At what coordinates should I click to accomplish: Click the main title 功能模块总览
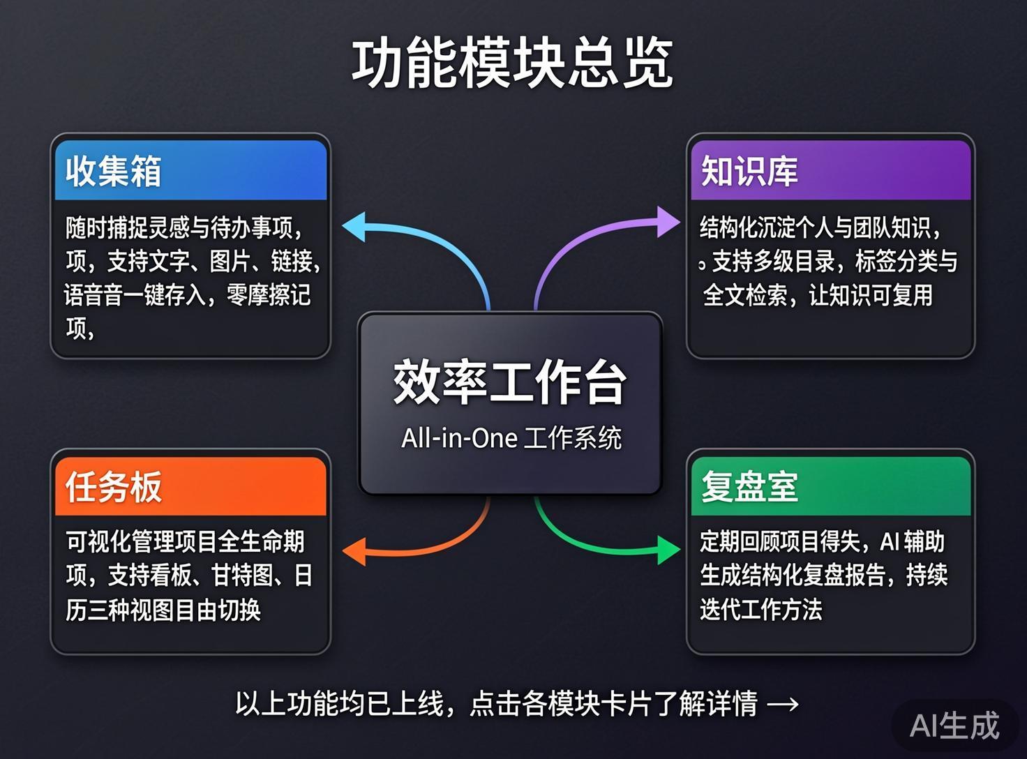click(512, 64)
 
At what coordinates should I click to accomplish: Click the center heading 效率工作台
click(510, 382)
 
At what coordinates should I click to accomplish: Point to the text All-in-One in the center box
click(459, 438)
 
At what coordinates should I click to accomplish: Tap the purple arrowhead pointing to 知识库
click(668, 222)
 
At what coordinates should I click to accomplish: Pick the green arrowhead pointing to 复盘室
click(668, 550)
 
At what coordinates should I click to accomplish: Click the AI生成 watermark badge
click(954, 726)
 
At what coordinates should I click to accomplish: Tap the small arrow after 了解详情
click(783, 704)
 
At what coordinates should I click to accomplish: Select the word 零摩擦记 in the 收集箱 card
click(269, 295)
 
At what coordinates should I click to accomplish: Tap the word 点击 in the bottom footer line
click(495, 704)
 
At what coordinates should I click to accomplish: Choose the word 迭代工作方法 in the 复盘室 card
click(760, 609)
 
